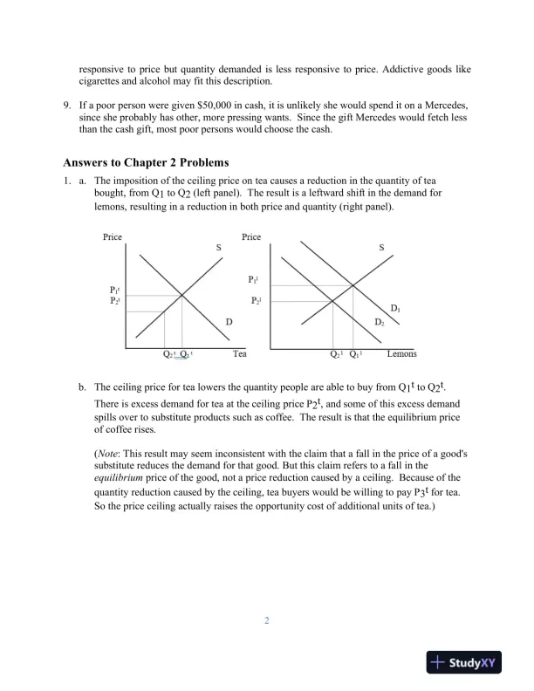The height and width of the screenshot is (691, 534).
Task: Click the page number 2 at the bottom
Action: point(267,621)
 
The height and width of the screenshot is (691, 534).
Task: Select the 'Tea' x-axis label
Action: point(240,354)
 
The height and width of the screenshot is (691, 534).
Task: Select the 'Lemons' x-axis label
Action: point(401,354)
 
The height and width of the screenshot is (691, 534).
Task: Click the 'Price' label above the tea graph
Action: point(113,237)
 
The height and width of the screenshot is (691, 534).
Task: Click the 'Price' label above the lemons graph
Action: point(251,237)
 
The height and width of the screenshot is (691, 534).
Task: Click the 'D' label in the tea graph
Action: point(229,322)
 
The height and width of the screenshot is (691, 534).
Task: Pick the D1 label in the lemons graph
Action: point(395,309)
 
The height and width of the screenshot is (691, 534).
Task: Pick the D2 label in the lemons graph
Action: point(380,323)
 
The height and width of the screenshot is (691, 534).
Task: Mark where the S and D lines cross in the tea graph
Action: point(181,296)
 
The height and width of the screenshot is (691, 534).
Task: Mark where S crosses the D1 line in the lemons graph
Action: point(353,285)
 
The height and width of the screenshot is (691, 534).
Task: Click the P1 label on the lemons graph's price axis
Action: point(253,279)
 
